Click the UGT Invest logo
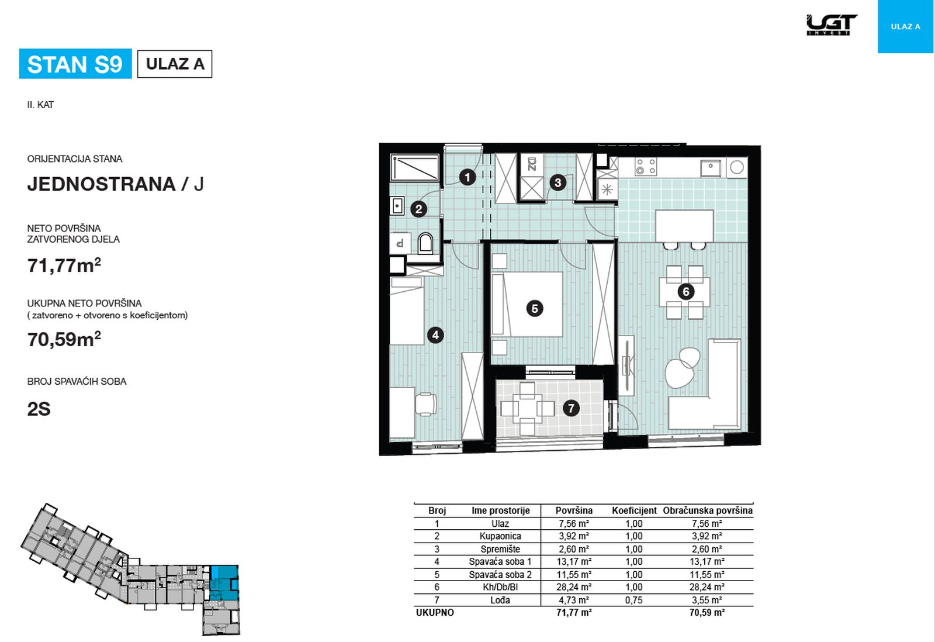pyautogui.click(x=832, y=25)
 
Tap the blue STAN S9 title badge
pyautogui.click(x=75, y=64)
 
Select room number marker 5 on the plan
pyautogui.click(x=535, y=309)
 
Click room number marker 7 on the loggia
pyautogui.click(x=570, y=408)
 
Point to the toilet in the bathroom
pyautogui.click(x=425, y=243)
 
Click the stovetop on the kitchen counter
pyautogui.click(x=645, y=166)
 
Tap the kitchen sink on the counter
pyautogui.click(x=711, y=167)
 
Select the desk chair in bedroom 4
pyautogui.click(x=426, y=404)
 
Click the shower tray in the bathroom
pyautogui.click(x=414, y=167)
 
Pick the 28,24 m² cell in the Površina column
pyautogui.click(x=573, y=587)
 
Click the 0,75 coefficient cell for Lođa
pyautogui.click(x=633, y=600)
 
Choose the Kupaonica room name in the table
pyautogui.click(x=500, y=536)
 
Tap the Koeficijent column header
pyautogui.click(x=634, y=510)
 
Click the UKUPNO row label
pyautogui.click(x=435, y=613)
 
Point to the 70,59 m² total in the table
pyautogui.click(x=707, y=613)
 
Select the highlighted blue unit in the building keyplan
pyautogui.click(x=224, y=582)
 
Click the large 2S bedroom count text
pyautogui.click(x=39, y=409)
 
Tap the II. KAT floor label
pyautogui.click(x=40, y=105)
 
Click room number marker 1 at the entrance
pyautogui.click(x=467, y=178)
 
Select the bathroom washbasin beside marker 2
pyautogui.click(x=397, y=205)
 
